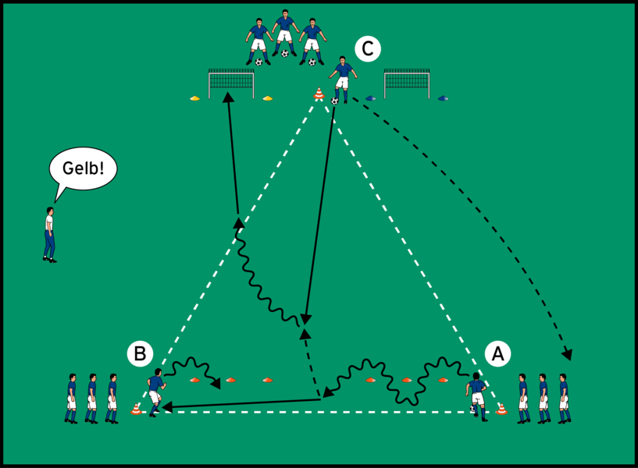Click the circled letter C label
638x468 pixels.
pyautogui.click(x=367, y=49)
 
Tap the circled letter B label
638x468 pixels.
pyautogui.click(x=140, y=354)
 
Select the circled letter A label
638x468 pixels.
pyautogui.click(x=497, y=354)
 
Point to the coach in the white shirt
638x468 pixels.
pyautogui.click(x=50, y=233)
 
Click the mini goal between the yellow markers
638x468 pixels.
pyautogui.click(x=231, y=83)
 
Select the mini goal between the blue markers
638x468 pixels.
pyautogui.click(x=407, y=83)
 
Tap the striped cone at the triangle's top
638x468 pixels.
pyautogui.click(x=319, y=94)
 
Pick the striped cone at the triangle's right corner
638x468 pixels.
pyautogui.click(x=501, y=408)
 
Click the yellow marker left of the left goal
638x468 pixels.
pyautogui.click(x=194, y=98)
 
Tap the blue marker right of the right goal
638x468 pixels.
pyautogui.click(x=443, y=98)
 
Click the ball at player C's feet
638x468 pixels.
pyautogui.click(x=335, y=101)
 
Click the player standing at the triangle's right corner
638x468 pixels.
pyautogui.click(x=476, y=395)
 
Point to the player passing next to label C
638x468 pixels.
pyautogui.click(x=342, y=78)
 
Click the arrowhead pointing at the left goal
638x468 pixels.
pyautogui.click(x=228, y=97)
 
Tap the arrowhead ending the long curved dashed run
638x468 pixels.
pyautogui.click(x=568, y=356)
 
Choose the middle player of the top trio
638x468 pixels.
pyautogui.click(x=285, y=34)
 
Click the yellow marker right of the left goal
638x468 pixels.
pyautogui.click(x=268, y=98)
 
